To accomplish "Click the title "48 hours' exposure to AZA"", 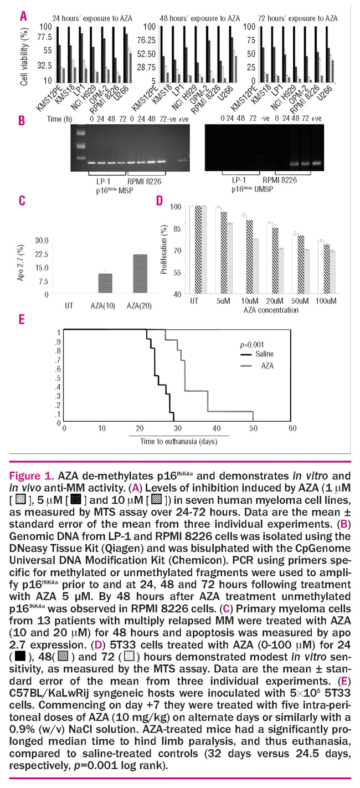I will click(188, 18).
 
